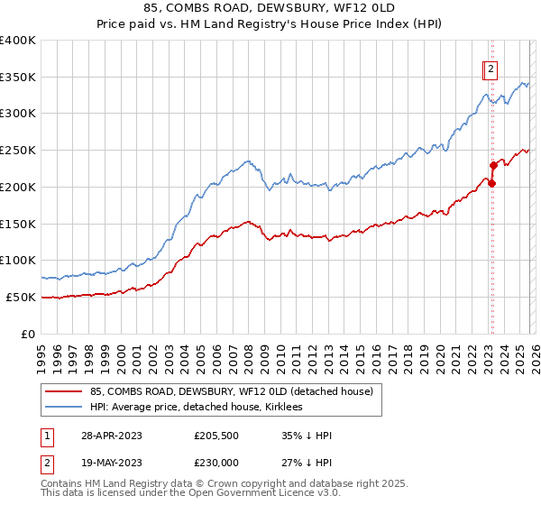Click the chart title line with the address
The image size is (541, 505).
tap(270, 6)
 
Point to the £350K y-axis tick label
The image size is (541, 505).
tap(17, 78)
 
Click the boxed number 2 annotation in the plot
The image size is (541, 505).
tap(491, 68)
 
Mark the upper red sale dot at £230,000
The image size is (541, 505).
tap(493, 165)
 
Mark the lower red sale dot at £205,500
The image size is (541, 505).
tap(492, 183)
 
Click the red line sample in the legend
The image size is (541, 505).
tap(64, 391)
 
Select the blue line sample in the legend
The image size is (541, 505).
tap(64, 408)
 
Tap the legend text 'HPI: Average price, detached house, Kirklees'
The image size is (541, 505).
tap(196, 408)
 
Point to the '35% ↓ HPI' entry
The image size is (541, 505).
tap(307, 435)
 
